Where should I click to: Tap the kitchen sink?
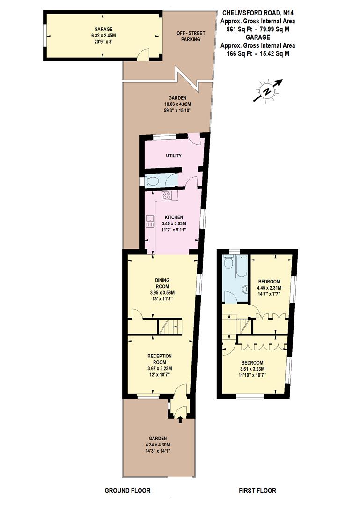150,221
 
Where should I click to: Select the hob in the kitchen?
167,195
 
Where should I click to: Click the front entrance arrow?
180,418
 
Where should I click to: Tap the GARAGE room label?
103,29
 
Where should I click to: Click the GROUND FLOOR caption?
127,491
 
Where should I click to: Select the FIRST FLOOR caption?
257,491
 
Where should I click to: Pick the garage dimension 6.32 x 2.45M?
103,35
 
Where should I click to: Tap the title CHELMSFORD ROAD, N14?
258,14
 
